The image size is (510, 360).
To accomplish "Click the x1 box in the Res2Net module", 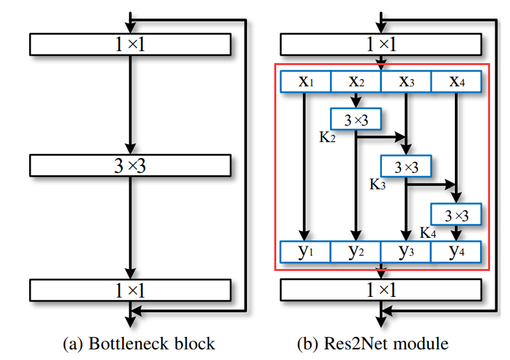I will click(305, 82).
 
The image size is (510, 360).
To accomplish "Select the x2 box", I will click(356, 82).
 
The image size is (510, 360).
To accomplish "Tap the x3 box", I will click(406, 82).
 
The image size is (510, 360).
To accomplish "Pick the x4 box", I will click(456, 82).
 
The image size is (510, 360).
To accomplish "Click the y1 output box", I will click(305, 252).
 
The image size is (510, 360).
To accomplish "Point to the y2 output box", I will click(356, 252).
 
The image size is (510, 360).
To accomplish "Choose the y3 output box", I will click(406, 252).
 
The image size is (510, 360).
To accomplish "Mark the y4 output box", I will click(456, 252).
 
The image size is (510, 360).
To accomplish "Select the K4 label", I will click(428, 232).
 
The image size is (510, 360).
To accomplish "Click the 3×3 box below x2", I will click(356, 120).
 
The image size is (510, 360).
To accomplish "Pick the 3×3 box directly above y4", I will click(456, 215).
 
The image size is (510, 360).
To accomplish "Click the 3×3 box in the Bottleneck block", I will click(130, 165).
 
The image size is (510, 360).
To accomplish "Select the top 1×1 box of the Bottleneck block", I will click(130, 45).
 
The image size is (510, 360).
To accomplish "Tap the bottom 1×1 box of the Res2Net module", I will click(381, 290).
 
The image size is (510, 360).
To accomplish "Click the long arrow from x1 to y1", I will click(305, 166).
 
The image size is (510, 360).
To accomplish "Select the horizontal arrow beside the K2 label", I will click(381, 138).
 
